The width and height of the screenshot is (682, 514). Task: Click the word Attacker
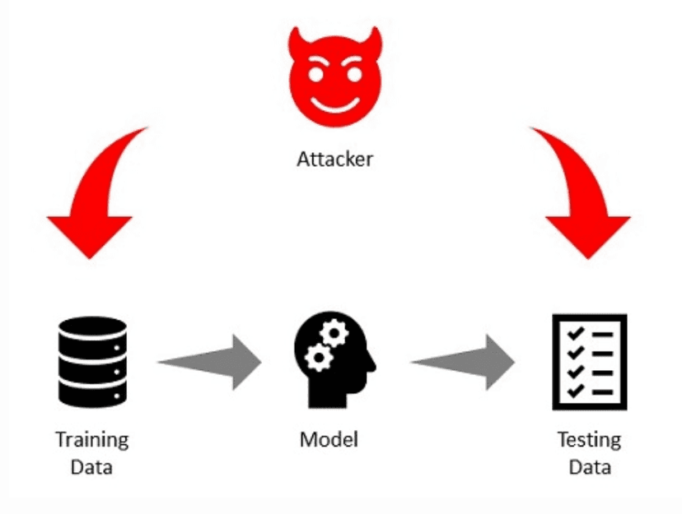334,158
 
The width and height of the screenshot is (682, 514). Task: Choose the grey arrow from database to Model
210,361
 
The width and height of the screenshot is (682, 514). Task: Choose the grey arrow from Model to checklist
463,361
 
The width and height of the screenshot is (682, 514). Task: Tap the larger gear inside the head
332,336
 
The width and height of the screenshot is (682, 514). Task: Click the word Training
91,439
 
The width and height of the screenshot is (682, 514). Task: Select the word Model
329,439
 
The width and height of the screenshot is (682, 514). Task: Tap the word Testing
589,439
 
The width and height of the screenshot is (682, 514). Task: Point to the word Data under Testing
589,468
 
